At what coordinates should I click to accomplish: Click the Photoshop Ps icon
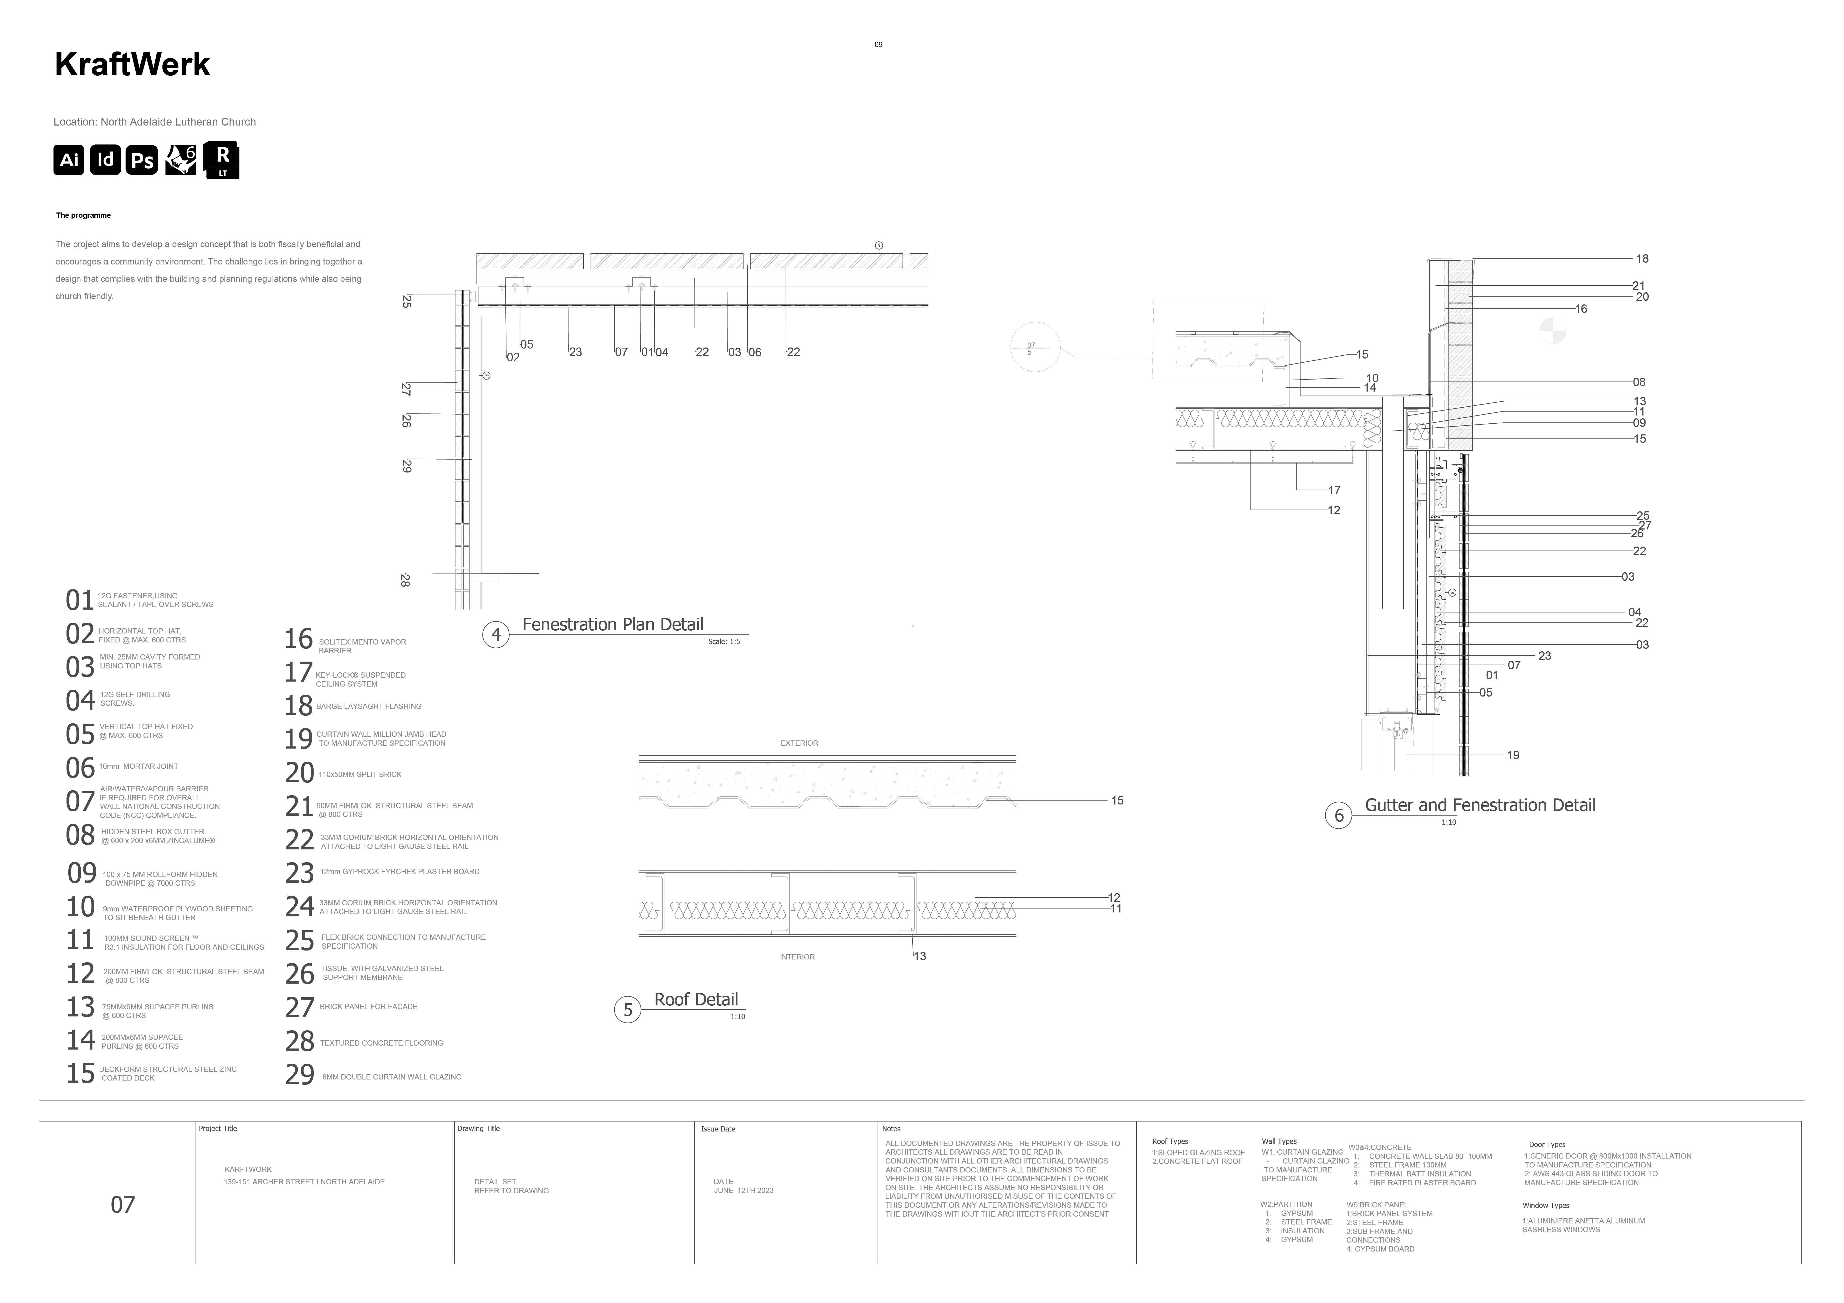coord(142,160)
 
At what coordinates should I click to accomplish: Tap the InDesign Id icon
coord(105,160)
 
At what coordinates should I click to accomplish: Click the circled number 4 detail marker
coord(495,635)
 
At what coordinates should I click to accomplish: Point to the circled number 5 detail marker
coord(628,1010)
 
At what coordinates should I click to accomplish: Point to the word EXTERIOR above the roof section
coord(799,743)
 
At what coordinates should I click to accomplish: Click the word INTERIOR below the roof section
coord(797,957)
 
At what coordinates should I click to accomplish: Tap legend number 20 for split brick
coord(300,773)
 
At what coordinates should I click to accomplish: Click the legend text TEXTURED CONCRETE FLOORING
coord(381,1044)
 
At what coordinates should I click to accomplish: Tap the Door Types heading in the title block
coord(1547,1145)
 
